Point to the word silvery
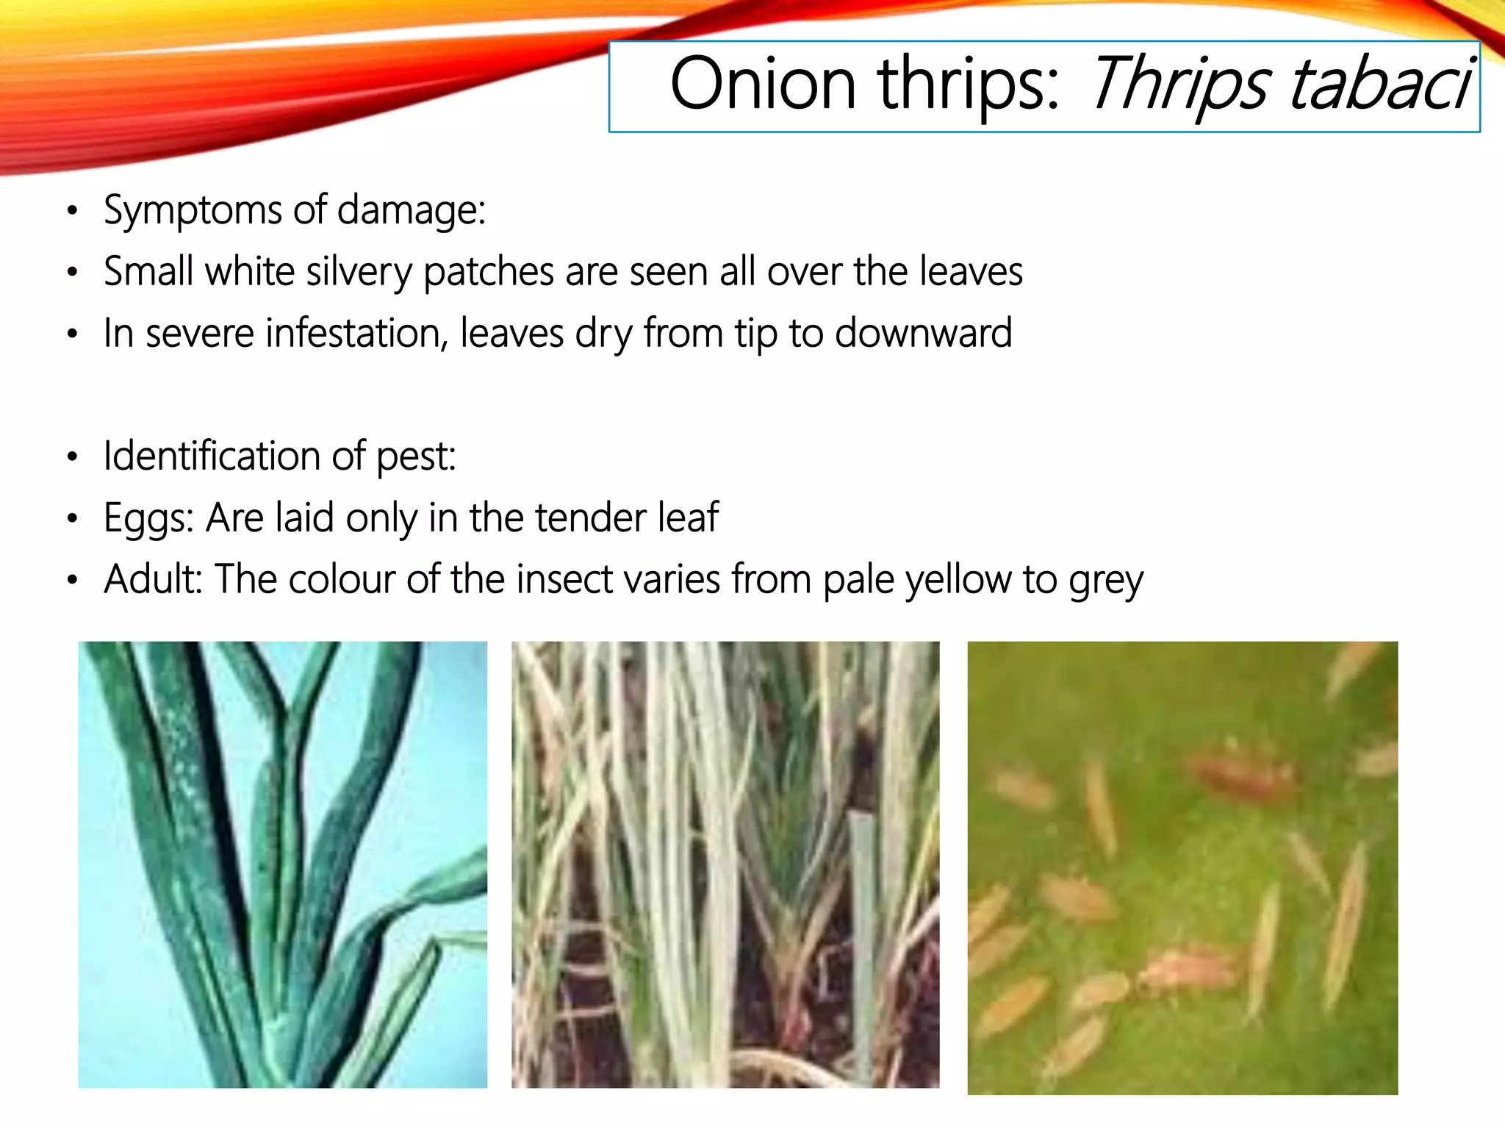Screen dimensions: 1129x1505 point(359,273)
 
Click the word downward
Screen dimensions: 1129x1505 point(923,333)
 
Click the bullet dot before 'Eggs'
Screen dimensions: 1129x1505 point(72,520)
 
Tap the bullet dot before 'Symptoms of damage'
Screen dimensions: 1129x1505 point(72,212)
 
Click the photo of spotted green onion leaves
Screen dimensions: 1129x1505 point(282,864)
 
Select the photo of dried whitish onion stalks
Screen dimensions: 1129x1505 point(725,864)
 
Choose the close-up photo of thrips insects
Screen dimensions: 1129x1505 point(1182,867)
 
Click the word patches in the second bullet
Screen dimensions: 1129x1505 point(488,273)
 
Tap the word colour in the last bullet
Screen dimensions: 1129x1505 point(341,579)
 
